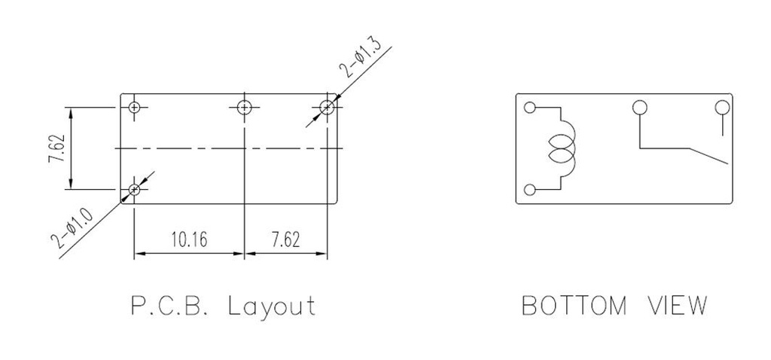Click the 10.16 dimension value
[189, 239]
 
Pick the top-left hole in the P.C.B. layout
[134, 107]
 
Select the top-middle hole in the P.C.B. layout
[245, 107]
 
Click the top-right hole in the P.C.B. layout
[327, 107]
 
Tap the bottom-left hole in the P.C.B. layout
[134, 189]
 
